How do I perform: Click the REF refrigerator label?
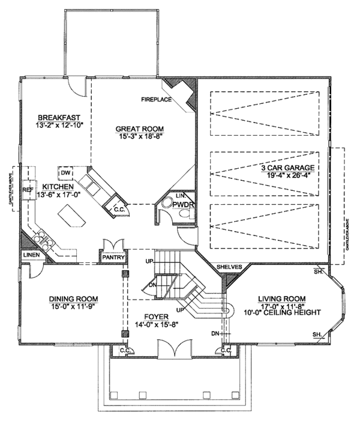28,189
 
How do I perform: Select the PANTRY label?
113,259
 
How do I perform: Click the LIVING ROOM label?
281,298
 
